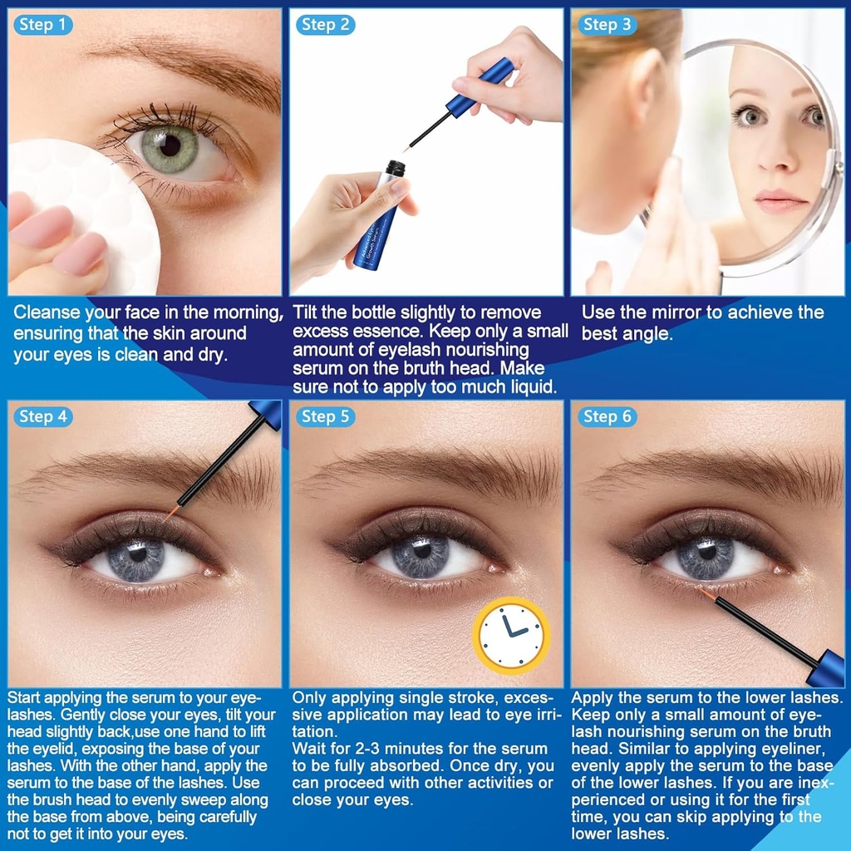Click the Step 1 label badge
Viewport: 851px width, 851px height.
pos(42,25)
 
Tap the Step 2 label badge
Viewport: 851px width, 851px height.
pos(325,25)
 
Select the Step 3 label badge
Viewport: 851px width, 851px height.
pos(607,25)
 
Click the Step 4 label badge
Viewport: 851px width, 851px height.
pos(42,416)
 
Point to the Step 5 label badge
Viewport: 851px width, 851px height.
pos(325,416)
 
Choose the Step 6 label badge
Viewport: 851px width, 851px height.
pos(607,416)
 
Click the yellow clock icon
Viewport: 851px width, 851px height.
pos(511,636)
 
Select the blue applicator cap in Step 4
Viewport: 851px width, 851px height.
pos(264,412)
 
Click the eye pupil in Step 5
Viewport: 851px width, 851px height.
pos(420,552)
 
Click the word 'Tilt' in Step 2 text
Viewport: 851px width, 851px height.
pos(307,312)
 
